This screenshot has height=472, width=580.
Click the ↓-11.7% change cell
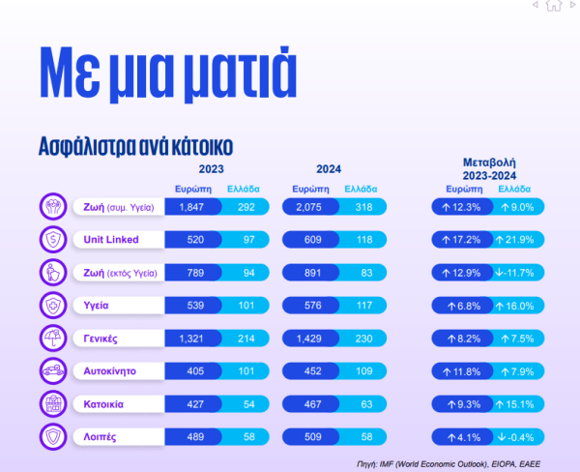(519, 272)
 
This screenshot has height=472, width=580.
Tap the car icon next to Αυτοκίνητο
(51, 369)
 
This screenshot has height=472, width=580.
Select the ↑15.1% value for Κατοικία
(519, 402)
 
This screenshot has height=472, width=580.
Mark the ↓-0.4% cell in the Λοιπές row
(519, 435)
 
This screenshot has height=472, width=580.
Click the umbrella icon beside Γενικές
(51, 337)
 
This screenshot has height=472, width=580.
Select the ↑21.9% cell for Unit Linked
(519, 239)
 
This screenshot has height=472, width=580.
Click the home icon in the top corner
(554, 6)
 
